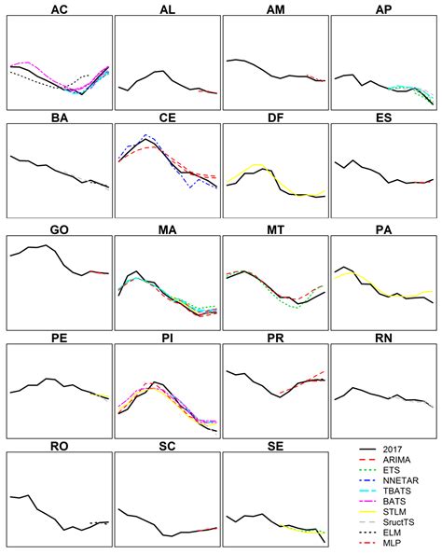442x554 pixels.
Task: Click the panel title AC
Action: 59,10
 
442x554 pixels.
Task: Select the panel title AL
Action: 168,10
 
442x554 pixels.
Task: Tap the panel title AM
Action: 276,10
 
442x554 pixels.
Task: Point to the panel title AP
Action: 384,10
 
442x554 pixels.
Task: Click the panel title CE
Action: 168,119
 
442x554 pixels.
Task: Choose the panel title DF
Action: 276,119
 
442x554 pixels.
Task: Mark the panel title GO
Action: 59,229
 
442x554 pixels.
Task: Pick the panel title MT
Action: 276,229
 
